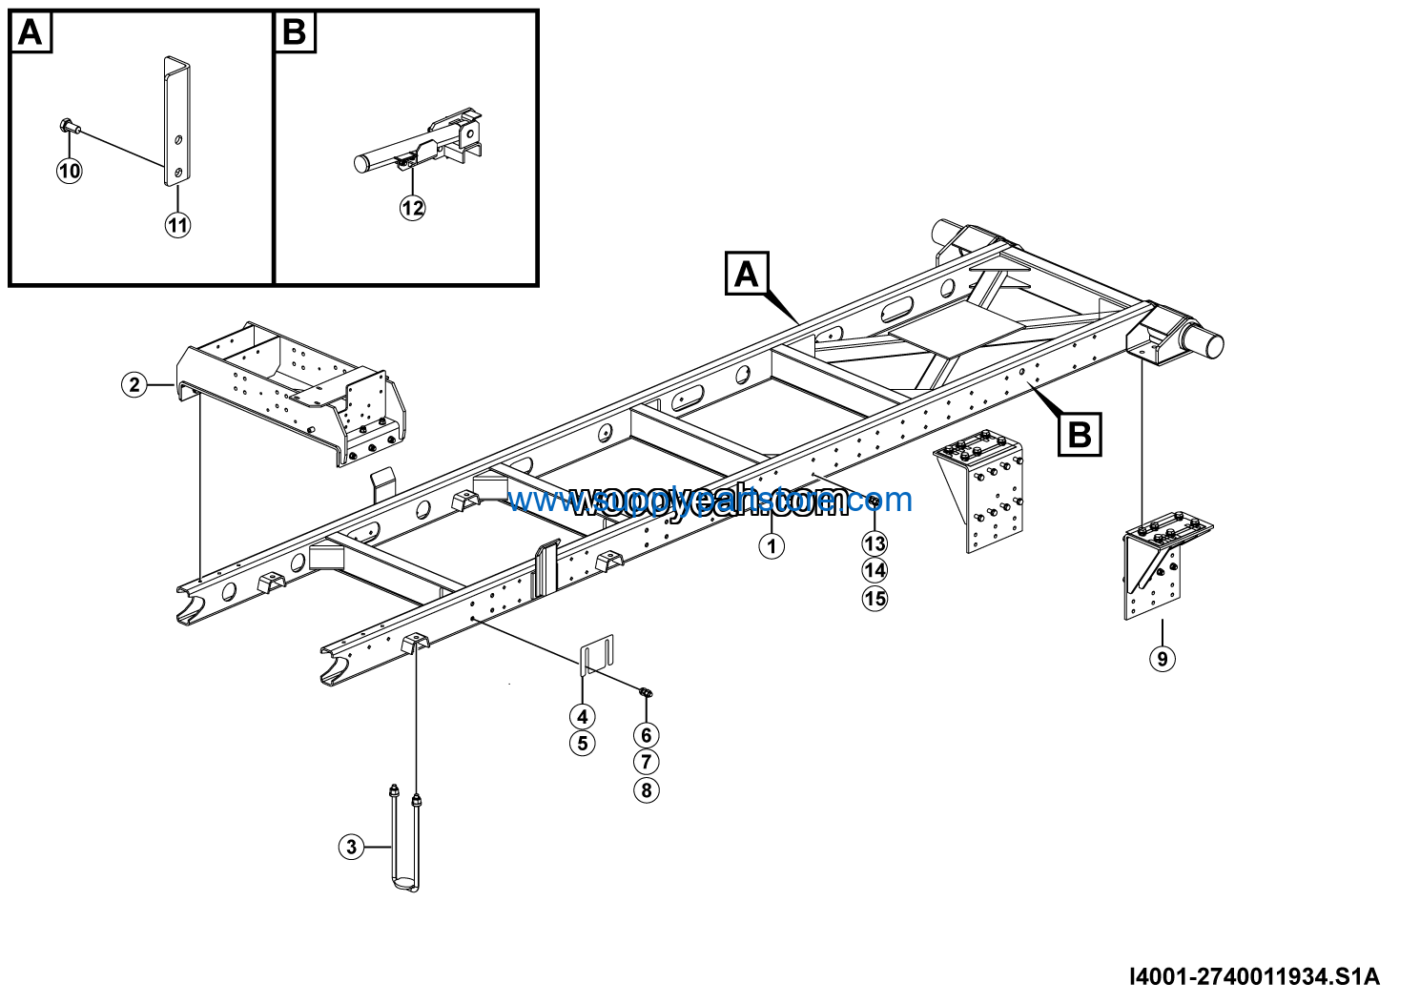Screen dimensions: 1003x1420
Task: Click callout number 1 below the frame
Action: click(x=772, y=546)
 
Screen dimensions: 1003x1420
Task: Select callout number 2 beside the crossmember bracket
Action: click(x=134, y=384)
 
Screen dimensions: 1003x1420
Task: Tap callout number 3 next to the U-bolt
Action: click(x=352, y=847)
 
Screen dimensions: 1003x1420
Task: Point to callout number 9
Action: click(x=1162, y=659)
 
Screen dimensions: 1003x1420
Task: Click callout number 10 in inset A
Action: click(x=70, y=172)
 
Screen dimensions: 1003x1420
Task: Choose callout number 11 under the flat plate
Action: click(x=177, y=225)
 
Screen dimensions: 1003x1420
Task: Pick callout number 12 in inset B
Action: click(x=412, y=208)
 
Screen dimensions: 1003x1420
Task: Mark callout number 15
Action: click(x=875, y=599)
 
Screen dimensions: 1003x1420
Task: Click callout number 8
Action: click(x=647, y=790)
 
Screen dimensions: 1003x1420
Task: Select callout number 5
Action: click(x=583, y=744)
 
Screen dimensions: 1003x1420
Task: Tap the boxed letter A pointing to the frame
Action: click(x=746, y=275)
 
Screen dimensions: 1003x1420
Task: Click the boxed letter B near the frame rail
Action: click(x=1080, y=435)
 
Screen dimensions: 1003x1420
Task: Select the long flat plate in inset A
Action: click(x=176, y=119)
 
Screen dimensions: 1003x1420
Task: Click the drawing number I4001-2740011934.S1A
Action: click(x=1254, y=977)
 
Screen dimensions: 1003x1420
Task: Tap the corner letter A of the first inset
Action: click(x=31, y=33)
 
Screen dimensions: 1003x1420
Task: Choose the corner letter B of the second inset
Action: click(x=295, y=33)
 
